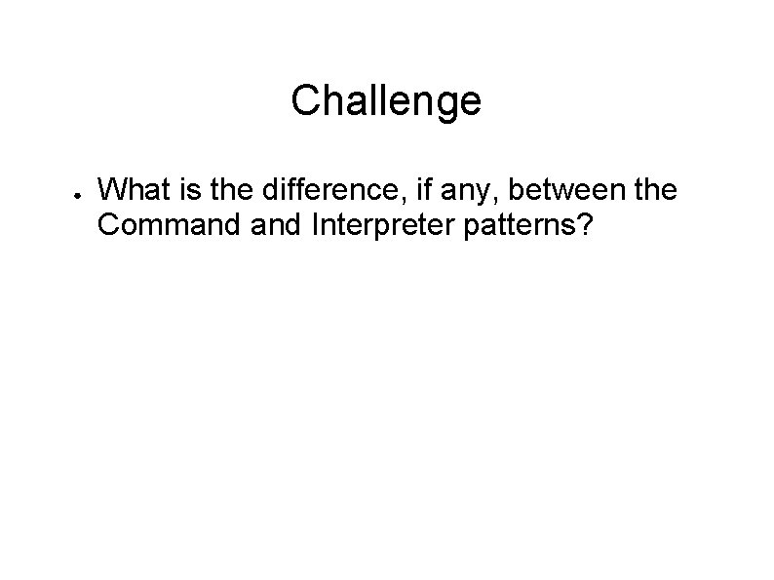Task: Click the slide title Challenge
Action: (386, 100)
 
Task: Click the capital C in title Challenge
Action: (304, 100)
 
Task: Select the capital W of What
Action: (113, 188)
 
